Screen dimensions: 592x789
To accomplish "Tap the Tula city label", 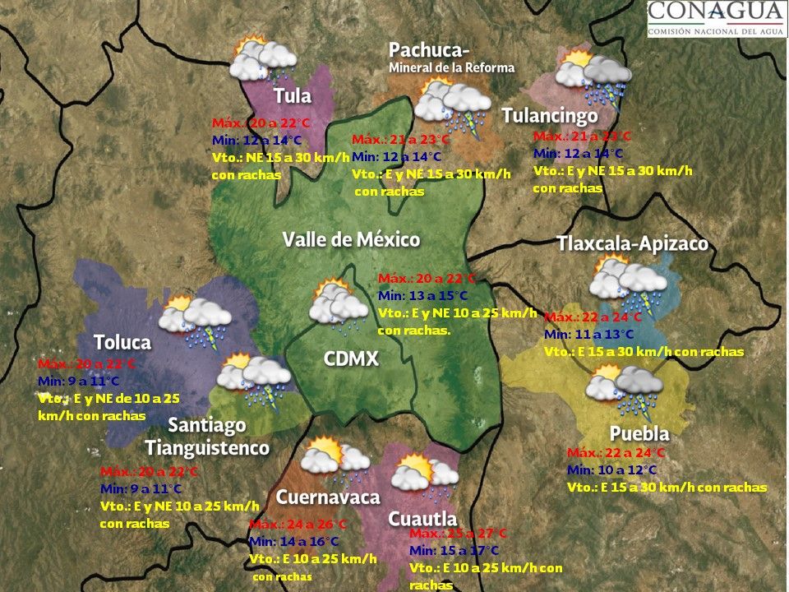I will click(293, 95).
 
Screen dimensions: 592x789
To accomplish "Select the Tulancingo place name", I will click(549, 115).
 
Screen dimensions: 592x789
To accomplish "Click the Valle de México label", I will click(351, 240).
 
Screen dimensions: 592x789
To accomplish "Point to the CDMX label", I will click(351, 359).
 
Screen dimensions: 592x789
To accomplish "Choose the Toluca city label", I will click(122, 342).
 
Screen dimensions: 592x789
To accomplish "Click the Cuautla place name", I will click(422, 519).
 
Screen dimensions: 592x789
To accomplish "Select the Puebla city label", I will click(639, 433).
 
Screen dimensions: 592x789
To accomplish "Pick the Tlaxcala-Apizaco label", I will click(631, 244).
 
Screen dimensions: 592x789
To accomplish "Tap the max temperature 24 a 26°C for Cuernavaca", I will click(298, 525).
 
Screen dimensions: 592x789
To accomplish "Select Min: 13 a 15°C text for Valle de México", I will click(422, 296).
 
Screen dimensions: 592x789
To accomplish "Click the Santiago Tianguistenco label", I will click(207, 437).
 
